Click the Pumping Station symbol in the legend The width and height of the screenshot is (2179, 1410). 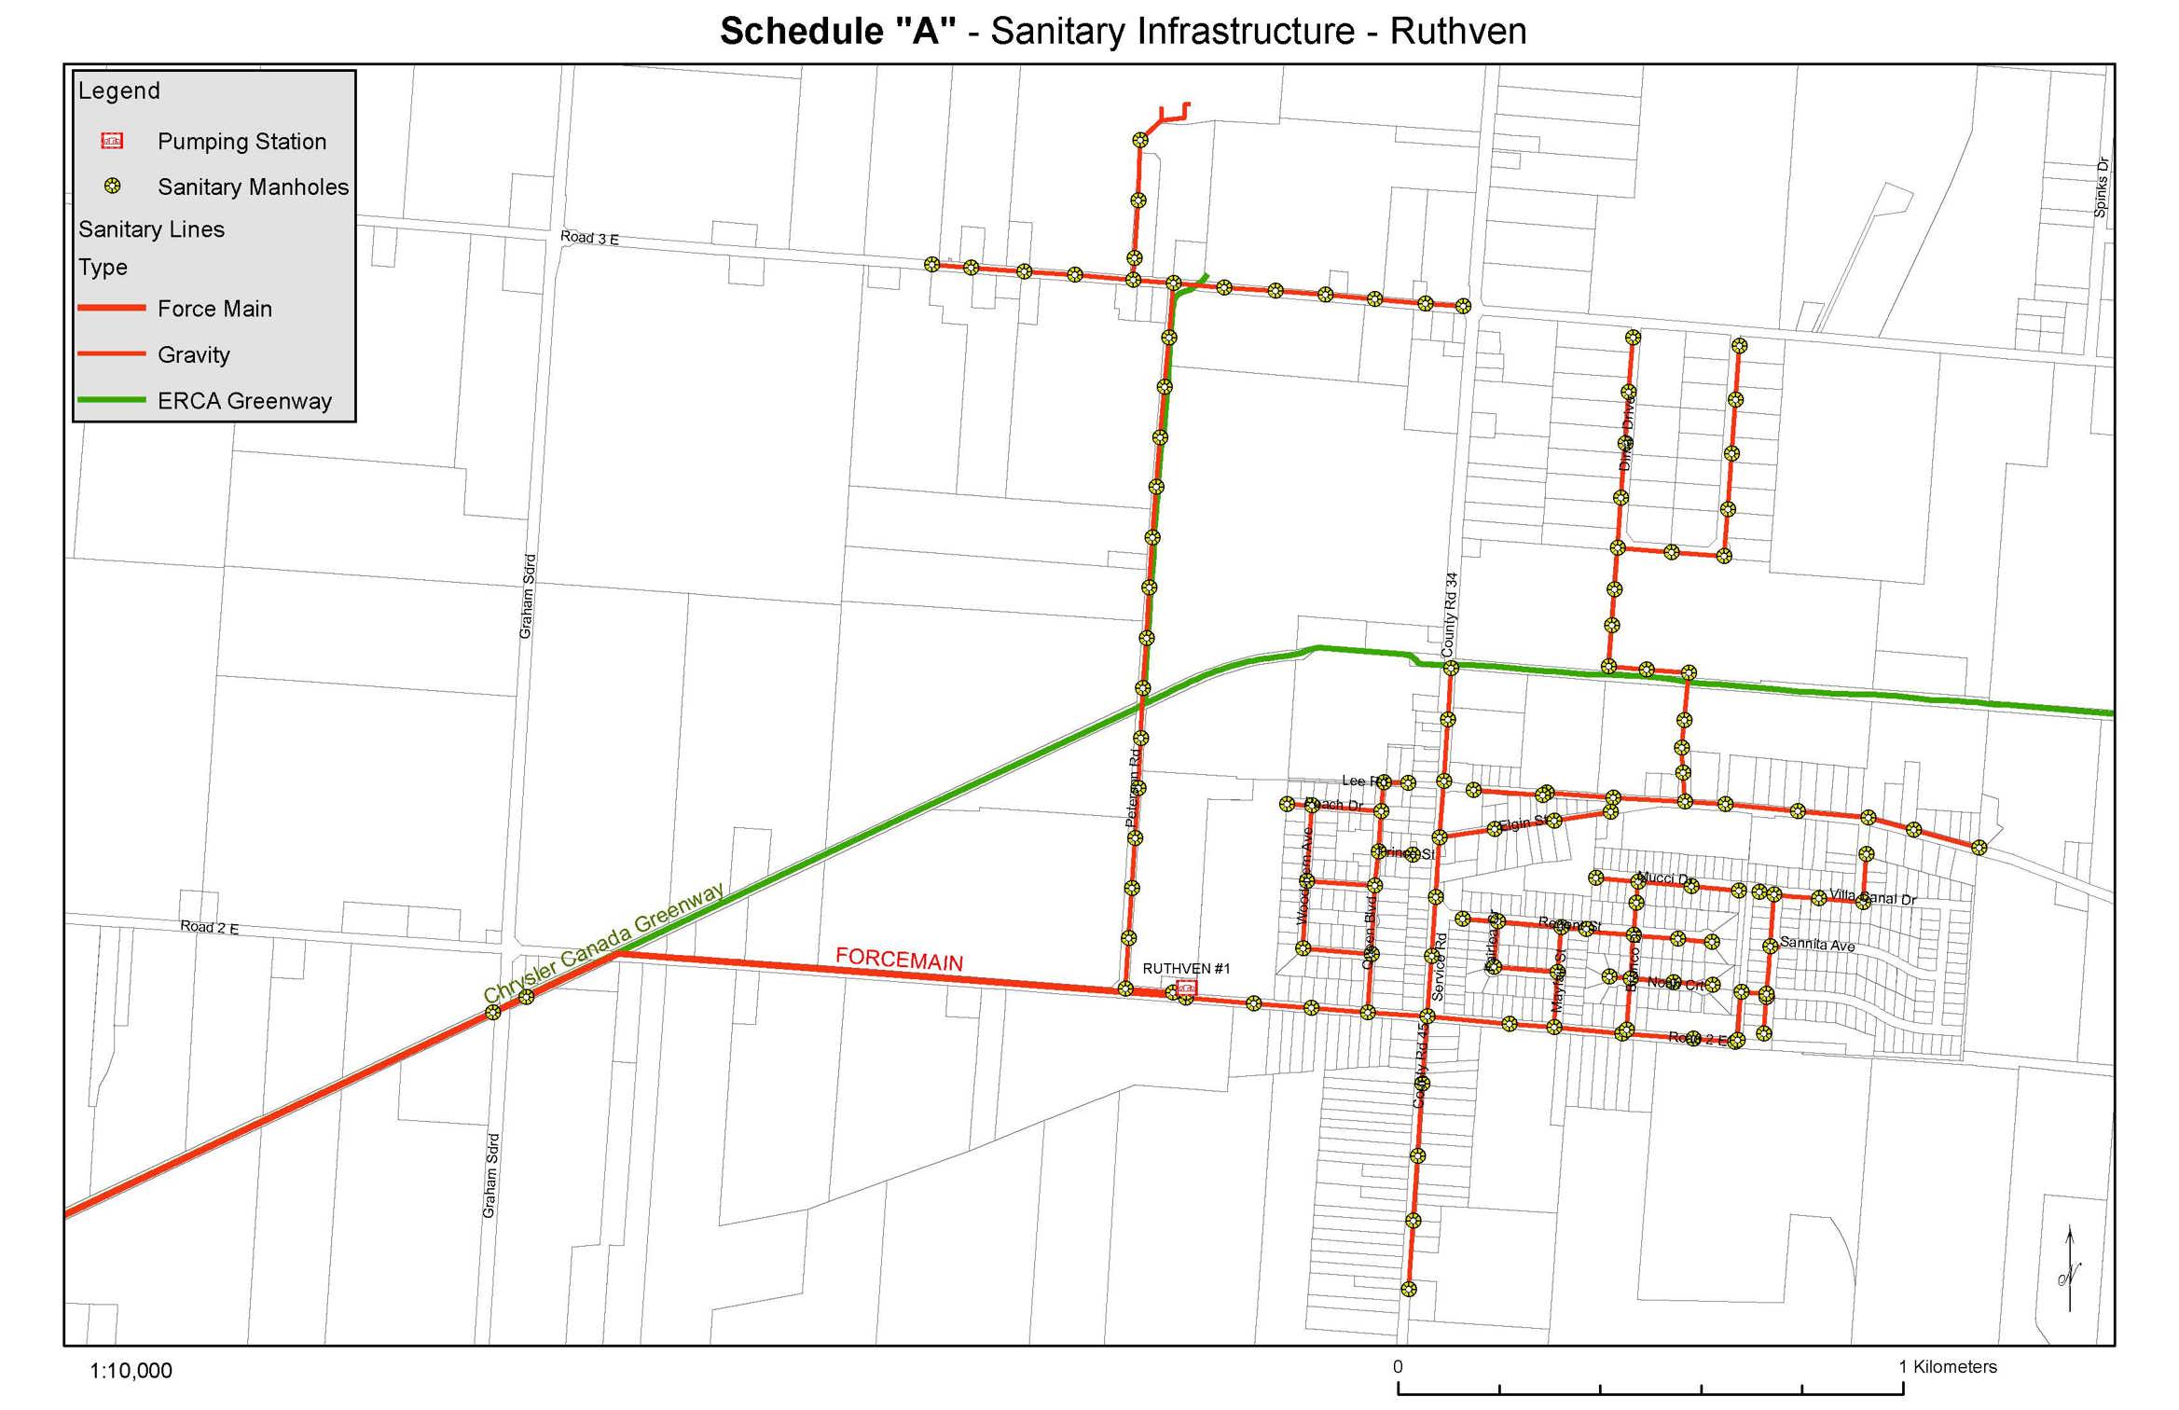[112, 141]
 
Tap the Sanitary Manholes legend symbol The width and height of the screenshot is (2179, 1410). [112, 186]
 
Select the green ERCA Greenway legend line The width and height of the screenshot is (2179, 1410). [112, 400]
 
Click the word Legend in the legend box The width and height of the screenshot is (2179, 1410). [119, 90]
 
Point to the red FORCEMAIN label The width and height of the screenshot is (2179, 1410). [899, 959]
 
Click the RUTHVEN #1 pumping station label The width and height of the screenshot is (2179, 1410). [1186, 969]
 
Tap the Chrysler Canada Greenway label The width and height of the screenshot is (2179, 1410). [603, 942]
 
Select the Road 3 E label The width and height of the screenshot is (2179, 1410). [589, 238]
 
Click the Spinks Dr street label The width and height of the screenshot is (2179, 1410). [2101, 187]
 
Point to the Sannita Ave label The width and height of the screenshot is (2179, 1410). [1817, 944]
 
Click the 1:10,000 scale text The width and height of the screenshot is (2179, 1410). [131, 1371]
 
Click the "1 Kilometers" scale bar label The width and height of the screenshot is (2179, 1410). [1948, 1367]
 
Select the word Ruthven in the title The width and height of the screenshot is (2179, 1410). [1457, 32]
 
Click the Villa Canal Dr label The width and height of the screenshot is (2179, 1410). [1872, 897]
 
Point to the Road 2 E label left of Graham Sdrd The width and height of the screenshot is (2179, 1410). [210, 927]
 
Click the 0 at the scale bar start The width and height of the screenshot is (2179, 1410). [1398, 1367]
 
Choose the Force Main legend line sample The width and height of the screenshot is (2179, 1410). [112, 308]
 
